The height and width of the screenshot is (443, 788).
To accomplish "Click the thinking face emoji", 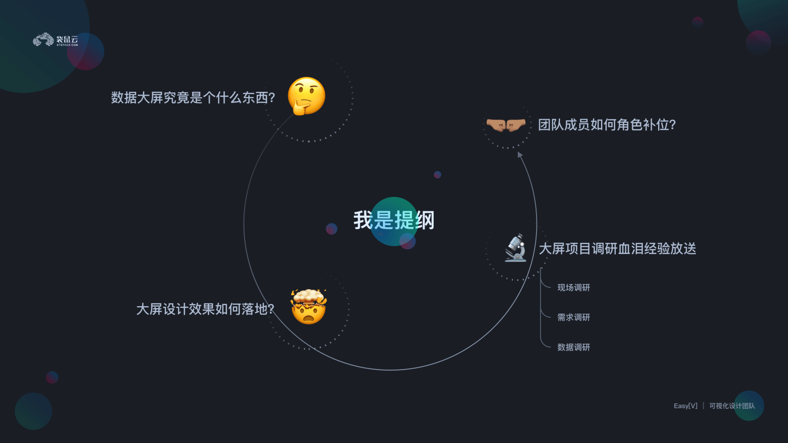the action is pos(306,96).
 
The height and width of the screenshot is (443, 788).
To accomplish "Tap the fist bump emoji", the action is pos(506,125).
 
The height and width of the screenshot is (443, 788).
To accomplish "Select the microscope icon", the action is pos(516,248).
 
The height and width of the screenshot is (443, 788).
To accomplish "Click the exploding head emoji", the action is pos(308,307).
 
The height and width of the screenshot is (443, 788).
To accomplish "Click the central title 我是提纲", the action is pos(393,220).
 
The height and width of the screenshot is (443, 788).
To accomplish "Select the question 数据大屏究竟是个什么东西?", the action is pos(193,98).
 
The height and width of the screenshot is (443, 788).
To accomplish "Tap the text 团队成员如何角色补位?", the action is pos(607,125).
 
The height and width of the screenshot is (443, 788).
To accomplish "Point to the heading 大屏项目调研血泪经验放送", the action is pos(617,249).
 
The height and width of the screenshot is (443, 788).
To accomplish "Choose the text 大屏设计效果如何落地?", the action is pos(205,309).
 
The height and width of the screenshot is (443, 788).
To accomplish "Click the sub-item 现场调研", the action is pos(574,288).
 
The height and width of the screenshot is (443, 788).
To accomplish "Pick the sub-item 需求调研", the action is pos(574,317).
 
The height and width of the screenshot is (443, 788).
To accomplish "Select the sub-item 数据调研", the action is pos(574,347).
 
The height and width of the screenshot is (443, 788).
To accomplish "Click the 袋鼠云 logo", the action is pos(55,40).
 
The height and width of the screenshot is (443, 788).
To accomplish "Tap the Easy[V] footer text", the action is pos(686,406).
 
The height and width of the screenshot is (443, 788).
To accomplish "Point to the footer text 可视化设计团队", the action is pos(732,406).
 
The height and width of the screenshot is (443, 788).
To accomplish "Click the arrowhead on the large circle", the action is pos(520,155).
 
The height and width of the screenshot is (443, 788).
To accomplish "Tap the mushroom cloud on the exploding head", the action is pos(308,297).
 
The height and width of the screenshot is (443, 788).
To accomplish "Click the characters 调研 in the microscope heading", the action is pos(604,249).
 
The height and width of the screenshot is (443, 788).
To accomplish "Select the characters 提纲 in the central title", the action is pos(414,220).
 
